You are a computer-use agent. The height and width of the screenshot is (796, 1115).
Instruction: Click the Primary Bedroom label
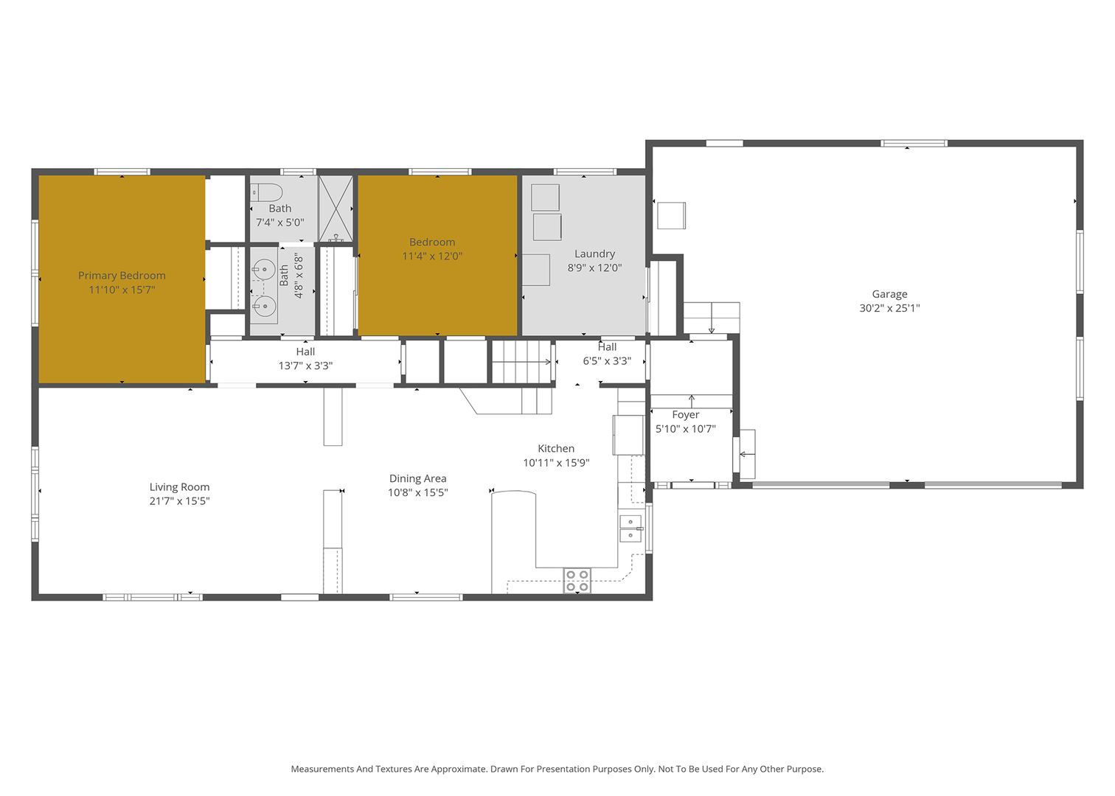pyautogui.click(x=122, y=276)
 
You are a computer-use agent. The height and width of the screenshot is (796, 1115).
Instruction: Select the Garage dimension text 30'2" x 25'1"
pyautogui.click(x=889, y=308)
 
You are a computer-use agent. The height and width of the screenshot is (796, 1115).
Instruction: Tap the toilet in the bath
pyautogui.click(x=266, y=192)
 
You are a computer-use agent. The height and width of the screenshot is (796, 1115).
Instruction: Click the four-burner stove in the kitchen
pyautogui.click(x=577, y=581)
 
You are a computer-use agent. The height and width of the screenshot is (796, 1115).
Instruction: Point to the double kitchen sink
pyautogui.click(x=631, y=528)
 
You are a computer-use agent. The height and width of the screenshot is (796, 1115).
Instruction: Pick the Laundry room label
pyautogui.click(x=594, y=254)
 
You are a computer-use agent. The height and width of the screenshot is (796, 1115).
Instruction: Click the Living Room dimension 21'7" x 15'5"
pyautogui.click(x=180, y=501)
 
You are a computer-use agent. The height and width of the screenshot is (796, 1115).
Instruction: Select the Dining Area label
pyautogui.click(x=417, y=478)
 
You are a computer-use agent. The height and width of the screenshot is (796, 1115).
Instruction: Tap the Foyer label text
pyautogui.click(x=685, y=415)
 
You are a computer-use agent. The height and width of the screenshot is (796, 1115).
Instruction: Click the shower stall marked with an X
pyautogui.click(x=336, y=208)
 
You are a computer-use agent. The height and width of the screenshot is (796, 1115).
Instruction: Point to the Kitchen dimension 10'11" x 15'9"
pyautogui.click(x=556, y=463)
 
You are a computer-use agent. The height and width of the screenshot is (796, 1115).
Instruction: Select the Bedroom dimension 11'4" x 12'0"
pyautogui.click(x=432, y=256)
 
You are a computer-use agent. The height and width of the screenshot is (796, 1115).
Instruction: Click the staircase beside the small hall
pyautogui.click(x=521, y=362)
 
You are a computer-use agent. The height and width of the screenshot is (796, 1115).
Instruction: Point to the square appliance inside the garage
pyautogui.click(x=671, y=215)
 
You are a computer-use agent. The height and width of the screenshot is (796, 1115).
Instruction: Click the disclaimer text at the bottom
pyautogui.click(x=557, y=769)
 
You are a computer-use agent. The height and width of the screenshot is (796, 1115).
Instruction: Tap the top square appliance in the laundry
pyautogui.click(x=545, y=198)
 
